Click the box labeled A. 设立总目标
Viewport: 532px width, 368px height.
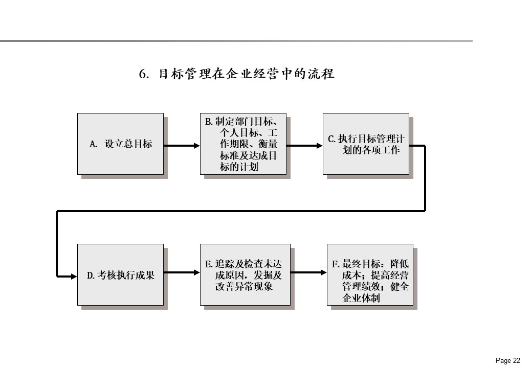pos(120,144)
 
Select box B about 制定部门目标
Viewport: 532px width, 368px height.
pos(243,144)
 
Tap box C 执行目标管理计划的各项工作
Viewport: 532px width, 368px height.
pos(366,144)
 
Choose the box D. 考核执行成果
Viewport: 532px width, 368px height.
pos(120,275)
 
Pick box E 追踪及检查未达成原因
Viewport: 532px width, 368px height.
pos(245,275)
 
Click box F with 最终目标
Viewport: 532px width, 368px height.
pos(370,275)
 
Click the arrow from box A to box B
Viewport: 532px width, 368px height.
pos(182,146)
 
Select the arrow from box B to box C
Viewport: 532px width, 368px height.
pos(304,146)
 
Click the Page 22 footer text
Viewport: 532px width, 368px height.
pos(508,360)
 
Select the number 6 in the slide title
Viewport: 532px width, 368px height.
pos(143,74)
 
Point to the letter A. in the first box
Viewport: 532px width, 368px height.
pos(93,144)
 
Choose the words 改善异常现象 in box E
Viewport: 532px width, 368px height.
pos(243,286)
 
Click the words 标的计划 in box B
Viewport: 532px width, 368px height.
pos(239,167)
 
